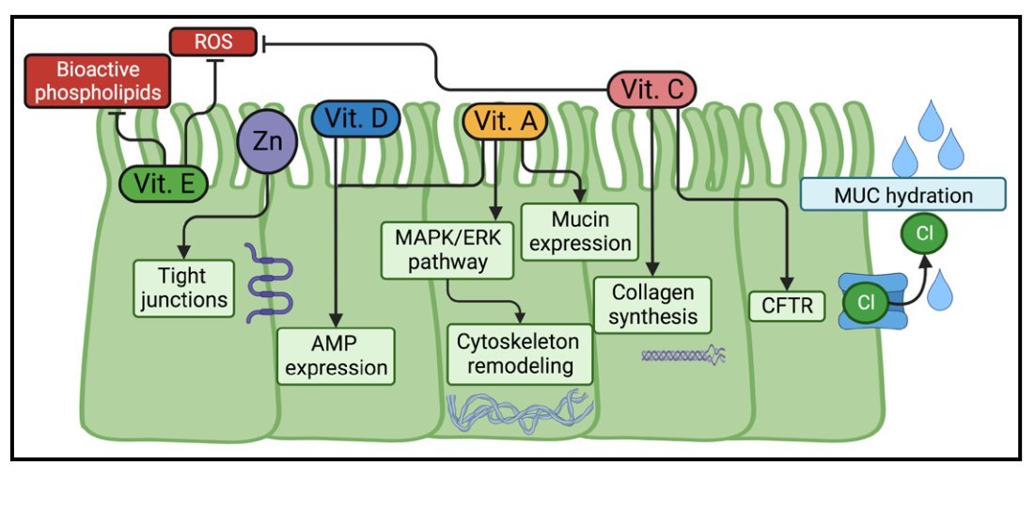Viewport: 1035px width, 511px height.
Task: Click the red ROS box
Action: pos(213,41)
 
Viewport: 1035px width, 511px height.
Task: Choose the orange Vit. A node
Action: pos(504,121)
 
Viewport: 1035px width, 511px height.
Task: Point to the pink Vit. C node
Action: pos(651,89)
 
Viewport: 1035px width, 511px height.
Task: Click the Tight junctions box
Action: pos(183,288)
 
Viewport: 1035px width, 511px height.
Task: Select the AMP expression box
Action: pos(336,355)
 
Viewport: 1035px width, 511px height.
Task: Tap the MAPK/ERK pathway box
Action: pos(447,248)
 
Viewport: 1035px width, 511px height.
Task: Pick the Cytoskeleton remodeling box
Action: pos(520,353)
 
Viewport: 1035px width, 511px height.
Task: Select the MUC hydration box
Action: pos(902,195)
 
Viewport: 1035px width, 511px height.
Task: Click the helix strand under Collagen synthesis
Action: pos(683,356)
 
